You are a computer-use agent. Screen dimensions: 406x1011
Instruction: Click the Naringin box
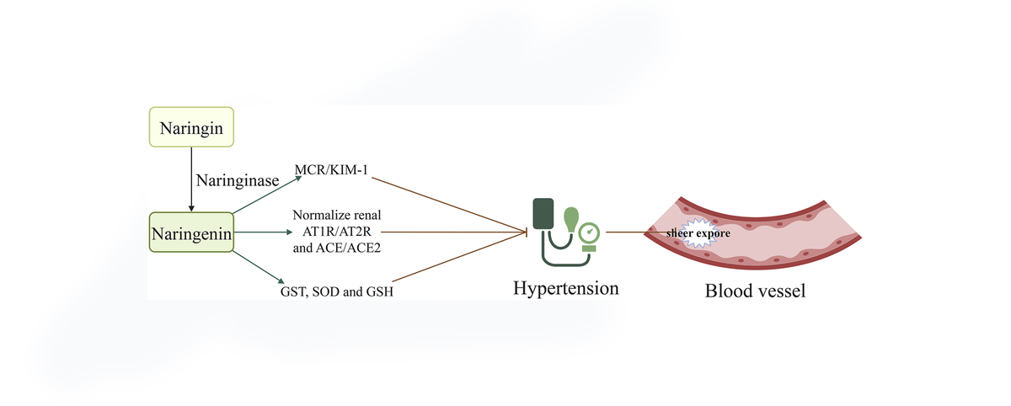(x=190, y=127)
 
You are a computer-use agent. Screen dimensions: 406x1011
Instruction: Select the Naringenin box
(x=191, y=232)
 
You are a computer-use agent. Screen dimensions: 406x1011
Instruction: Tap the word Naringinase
(x=238, y=180)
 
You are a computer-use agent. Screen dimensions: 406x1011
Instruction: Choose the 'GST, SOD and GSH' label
(x=337, y=291)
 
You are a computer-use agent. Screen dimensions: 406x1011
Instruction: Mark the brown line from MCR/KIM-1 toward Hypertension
(x=451, y=201)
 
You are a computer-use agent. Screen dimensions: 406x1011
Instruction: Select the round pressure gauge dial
(x=590, y=231)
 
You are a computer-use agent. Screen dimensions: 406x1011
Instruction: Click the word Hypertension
(x=566, y=289)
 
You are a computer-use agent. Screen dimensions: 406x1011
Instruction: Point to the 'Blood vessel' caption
(x=755, y=291)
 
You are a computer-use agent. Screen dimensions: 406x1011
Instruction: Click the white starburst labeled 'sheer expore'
(x=694, y=235)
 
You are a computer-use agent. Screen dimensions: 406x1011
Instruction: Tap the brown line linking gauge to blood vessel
(x=625, y=231)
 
